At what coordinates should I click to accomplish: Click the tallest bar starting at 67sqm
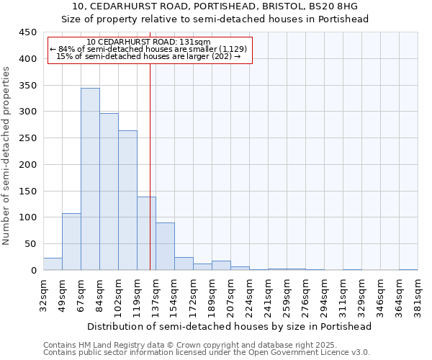pyautogui.click(x=90, y=179)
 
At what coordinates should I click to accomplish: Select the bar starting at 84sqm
pyautogui.click(x=109, y=192)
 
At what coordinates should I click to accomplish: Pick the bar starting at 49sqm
pyautogui.click(x=71, y=242)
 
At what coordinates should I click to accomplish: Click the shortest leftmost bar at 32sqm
pyautogui.click(x=53, y=264)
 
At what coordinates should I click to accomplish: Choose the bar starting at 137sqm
pyautogui.click(x=165, y=246)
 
